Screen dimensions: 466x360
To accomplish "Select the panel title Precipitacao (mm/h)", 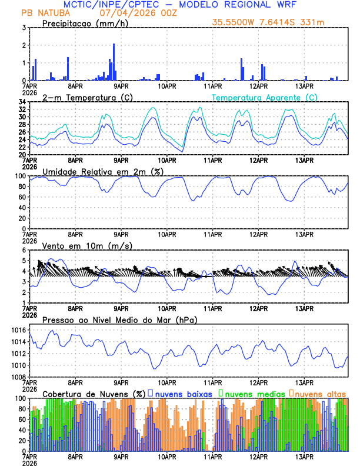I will (x=84, y=23).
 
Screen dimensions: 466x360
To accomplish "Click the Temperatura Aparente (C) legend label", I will (x=265, y=97).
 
